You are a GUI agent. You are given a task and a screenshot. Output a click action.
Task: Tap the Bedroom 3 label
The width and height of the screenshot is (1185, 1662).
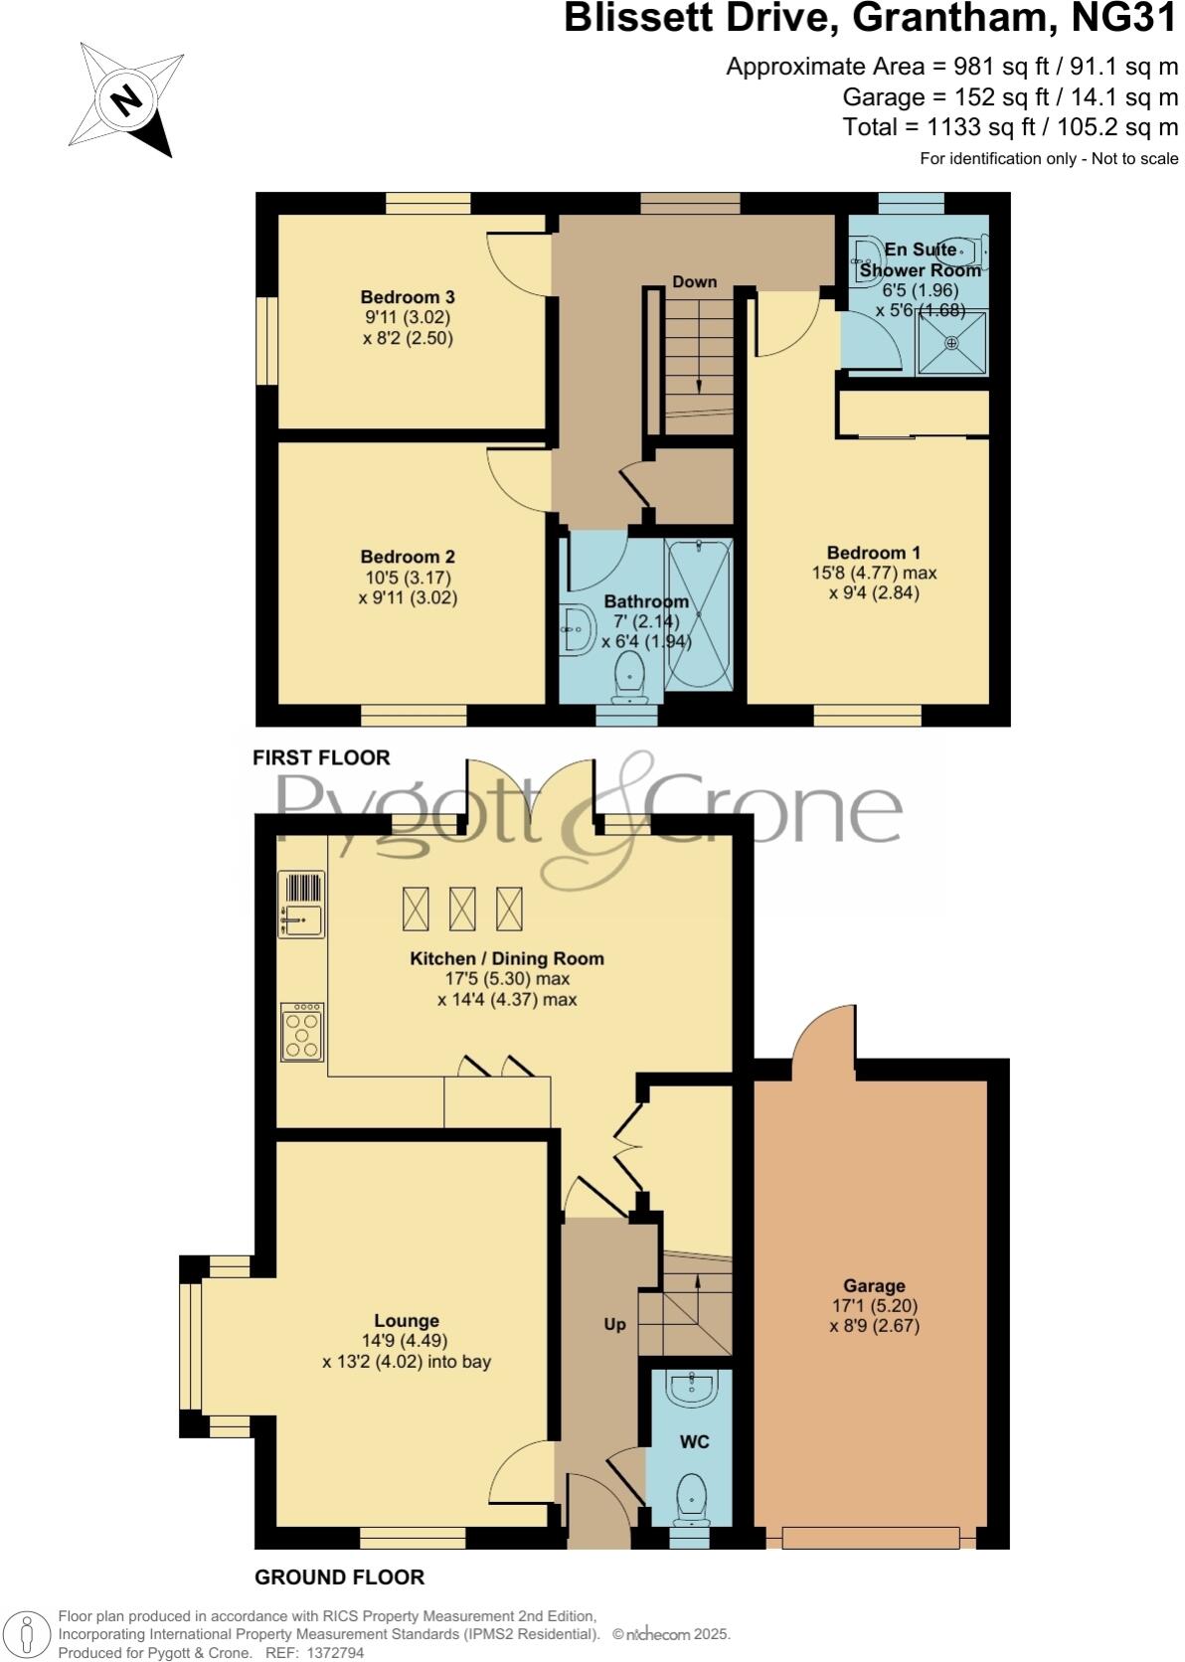(408, 297)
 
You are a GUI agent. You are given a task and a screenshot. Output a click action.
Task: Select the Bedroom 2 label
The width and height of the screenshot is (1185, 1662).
(408, 557)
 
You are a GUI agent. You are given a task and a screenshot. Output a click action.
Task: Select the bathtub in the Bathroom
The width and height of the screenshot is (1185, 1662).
(699, 614)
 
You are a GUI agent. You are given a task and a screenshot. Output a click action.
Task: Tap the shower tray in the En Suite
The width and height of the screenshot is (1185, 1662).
(951, 343)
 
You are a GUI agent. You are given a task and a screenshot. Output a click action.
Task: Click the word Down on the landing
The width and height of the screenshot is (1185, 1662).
(694, 281)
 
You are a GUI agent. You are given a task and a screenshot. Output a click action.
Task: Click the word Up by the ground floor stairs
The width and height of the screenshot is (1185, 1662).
(614, 1324)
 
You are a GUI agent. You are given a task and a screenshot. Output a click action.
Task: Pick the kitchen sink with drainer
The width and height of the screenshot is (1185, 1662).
(302, 906)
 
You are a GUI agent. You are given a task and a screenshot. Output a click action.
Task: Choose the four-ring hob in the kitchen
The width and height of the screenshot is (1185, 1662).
(302, 1032)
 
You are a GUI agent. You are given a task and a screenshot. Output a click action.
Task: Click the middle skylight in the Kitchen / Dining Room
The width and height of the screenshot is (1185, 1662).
(462, 909)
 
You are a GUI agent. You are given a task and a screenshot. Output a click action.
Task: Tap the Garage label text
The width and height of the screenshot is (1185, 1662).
(875, 1285)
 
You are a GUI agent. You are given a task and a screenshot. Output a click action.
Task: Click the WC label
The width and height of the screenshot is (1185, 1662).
(694, 1441)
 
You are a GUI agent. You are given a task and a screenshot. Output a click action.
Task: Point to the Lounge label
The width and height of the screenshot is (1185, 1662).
(407, 1320)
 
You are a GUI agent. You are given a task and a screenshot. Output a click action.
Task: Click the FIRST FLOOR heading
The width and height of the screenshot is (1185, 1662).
(321, 757)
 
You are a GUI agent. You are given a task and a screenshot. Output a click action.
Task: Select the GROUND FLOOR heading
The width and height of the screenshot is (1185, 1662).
(339, 1577)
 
